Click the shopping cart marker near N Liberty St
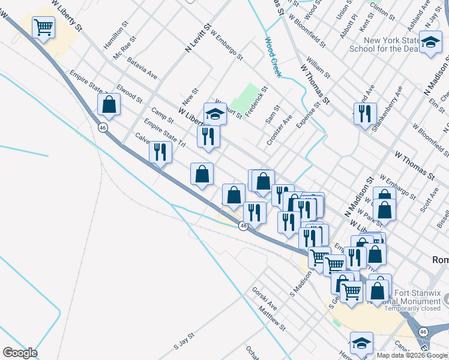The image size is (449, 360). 44,27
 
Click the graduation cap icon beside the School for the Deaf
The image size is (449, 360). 430,43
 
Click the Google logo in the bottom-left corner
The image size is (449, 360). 20,353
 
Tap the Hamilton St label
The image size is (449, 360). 116,37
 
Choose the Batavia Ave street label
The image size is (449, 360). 142,68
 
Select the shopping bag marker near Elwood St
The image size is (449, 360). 109,105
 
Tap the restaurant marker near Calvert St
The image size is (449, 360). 160,152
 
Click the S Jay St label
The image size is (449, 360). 184,341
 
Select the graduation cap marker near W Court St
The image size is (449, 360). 215,114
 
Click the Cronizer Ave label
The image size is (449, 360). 279,130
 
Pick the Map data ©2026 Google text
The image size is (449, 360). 412,355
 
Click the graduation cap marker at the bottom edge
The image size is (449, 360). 362,344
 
